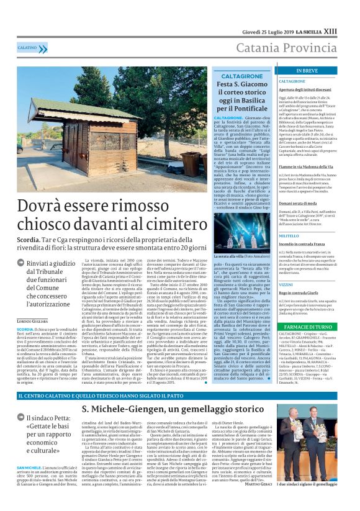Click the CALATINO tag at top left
(27, 47)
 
